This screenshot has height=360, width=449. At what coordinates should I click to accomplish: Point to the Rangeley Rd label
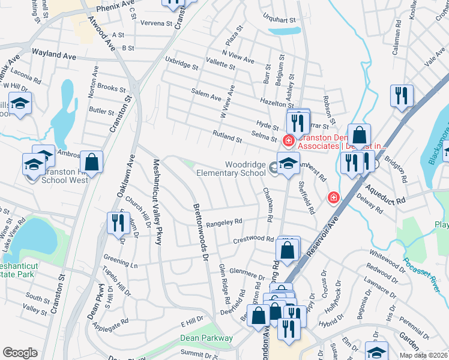click(223, 223)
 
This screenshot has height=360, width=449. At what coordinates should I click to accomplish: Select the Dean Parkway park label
click(206, 338)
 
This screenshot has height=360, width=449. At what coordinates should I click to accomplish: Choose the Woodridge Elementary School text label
click(231, 169)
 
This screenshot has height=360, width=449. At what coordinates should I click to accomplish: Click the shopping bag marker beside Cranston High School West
click(91, 161)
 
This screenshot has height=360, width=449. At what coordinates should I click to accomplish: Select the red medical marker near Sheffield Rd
click(333, 197)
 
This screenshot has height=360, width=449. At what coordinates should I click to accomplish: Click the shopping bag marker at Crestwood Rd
click(288, 250)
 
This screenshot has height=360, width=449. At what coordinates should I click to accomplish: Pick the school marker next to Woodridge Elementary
click(288, 163)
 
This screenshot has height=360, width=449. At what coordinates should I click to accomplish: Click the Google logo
click(20, 353)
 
